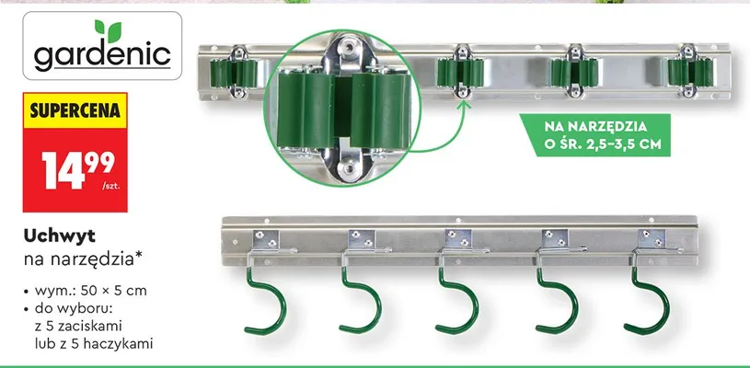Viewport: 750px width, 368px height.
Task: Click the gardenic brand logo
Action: [102, 46]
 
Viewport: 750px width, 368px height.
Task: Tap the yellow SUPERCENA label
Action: [75, 110]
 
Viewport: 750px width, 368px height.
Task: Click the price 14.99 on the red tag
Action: [78, 169]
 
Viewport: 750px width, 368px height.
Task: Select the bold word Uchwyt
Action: [59, 236]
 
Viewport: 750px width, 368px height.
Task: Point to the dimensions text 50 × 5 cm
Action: [114, 291]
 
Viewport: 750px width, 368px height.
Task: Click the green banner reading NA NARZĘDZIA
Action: [595, 135]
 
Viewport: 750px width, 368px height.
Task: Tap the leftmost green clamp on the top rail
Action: [234, 73]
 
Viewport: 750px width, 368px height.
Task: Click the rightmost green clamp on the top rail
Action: [690, 72]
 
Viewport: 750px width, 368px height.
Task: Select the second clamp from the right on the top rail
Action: [574, 72]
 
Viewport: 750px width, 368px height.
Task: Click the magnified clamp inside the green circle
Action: [344, 109]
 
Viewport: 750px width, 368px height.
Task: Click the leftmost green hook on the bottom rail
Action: [267, 302]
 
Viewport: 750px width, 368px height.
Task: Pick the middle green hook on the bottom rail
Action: [458, 302]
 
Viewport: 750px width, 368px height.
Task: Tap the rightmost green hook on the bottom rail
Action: [648, 302]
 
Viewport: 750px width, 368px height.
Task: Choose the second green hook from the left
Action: [361, 302]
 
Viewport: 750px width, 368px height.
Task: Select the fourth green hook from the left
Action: [558, 302]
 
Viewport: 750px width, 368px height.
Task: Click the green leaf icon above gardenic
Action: [108, 30]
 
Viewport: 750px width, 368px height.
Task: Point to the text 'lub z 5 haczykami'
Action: [94, 344]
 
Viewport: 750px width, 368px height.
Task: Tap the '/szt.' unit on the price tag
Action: [111, 186]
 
